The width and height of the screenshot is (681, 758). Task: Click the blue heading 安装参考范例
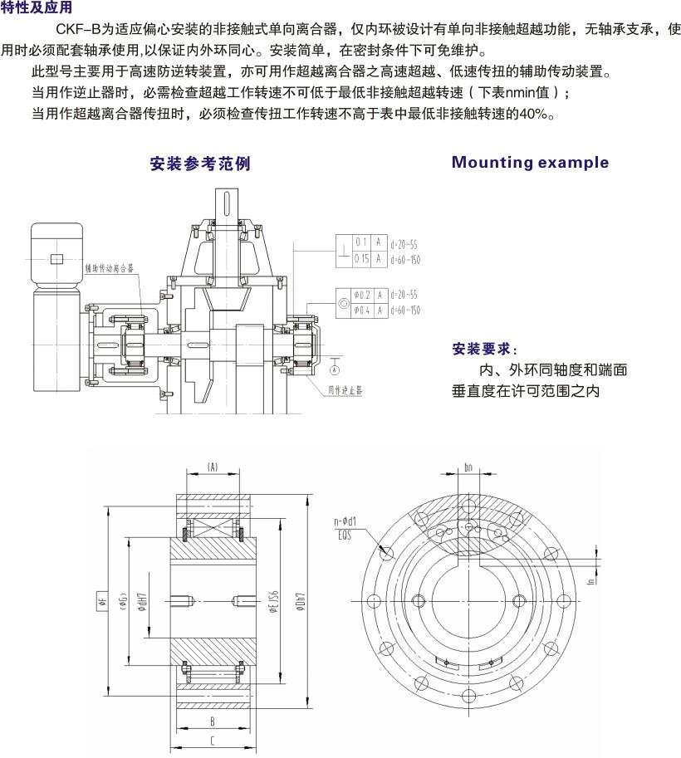pos(199,163)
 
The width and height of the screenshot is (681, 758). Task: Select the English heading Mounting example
pos(530,163)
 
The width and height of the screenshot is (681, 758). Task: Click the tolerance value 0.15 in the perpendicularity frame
pos(361,259)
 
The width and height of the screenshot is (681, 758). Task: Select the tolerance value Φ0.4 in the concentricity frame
pos(360,310)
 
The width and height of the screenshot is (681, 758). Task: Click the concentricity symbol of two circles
pos(344,302)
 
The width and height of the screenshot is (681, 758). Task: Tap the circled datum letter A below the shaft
pos(334,366)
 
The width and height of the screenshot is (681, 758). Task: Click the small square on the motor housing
pos(56,259)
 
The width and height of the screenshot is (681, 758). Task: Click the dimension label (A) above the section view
pos(212,467)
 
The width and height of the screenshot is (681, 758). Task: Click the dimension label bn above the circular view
pos(470,467)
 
